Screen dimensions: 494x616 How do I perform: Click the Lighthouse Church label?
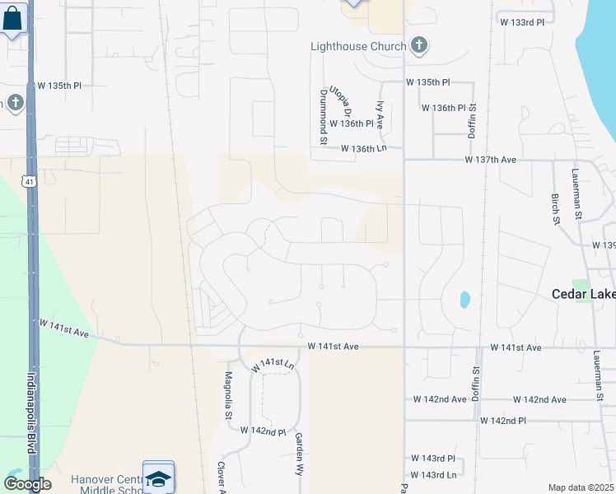[358, 46]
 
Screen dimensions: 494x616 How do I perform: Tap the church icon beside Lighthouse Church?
[419, 45]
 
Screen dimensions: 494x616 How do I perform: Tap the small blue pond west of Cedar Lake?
[464, 299]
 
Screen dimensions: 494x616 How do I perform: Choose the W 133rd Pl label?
[522, 22]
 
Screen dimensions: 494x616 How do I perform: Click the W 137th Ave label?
[490, 159]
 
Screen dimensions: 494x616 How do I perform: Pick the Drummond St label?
[324, 117]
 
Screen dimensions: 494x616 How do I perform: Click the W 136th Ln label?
[364, 148]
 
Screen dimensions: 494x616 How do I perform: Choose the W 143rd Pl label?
[433, 458]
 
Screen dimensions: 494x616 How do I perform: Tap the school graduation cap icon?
[158, 478]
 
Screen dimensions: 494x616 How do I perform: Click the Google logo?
[27, 484]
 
